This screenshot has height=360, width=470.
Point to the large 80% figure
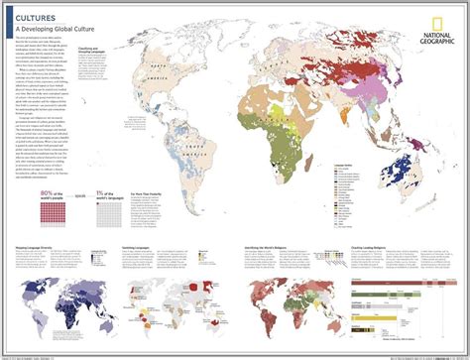click(23, 220)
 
